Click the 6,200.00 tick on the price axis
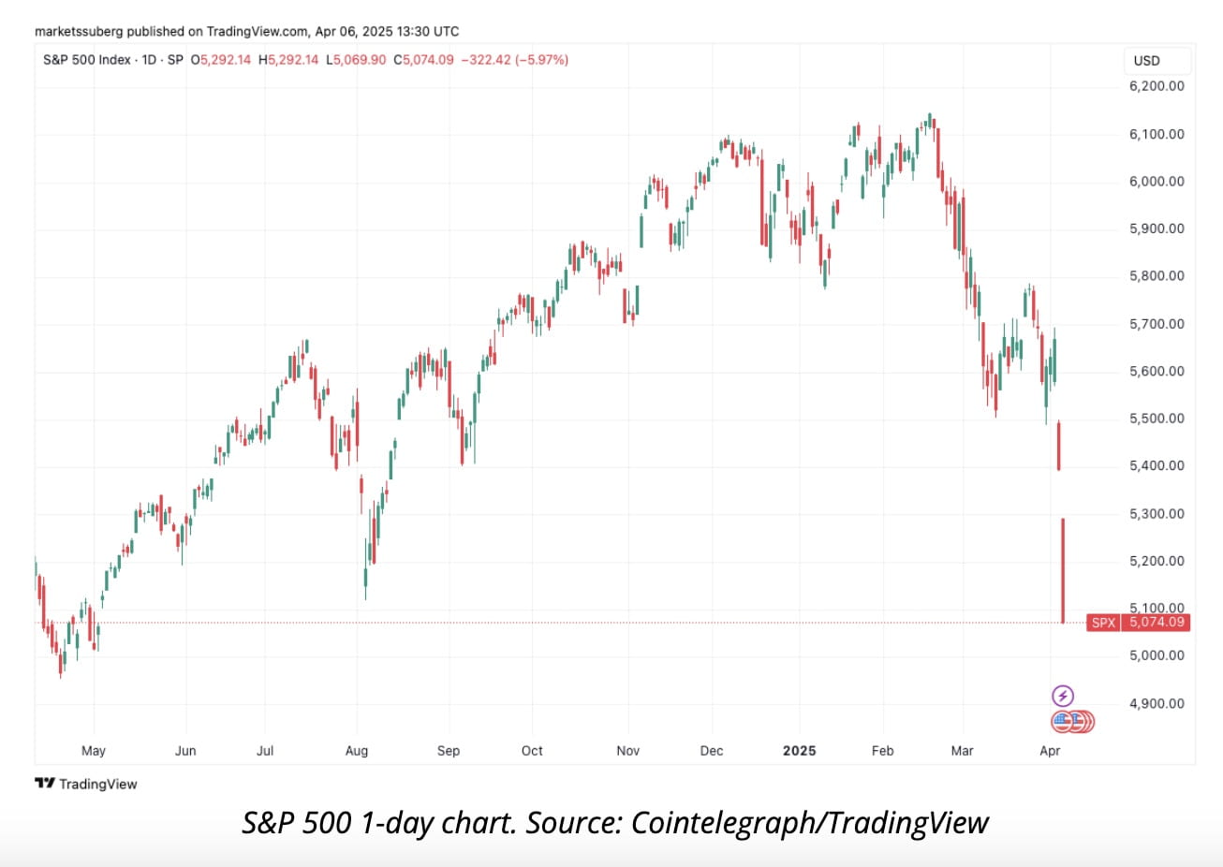coord(1157,86)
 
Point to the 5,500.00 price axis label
coord(1157,419)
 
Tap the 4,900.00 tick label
coord(1157,703)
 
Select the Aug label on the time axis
coord(357,751)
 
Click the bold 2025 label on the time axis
coord(800,751)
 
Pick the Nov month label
coord(628,751)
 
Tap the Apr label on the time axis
coord(1051,751)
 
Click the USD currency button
coord(1146,61)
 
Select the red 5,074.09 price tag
coord(1157,623)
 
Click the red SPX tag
coord(1104,623)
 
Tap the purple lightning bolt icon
coord(1063,696)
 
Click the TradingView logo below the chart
coord(86,784)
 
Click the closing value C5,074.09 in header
coord(423,60)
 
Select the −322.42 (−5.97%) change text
coord(514,60)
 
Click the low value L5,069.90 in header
coord(356,60)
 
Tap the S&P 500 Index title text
coord(87,60)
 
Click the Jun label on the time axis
coord(185,751)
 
